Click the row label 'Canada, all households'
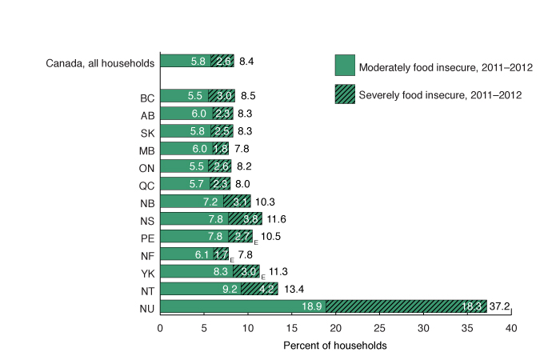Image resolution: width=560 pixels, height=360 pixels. coord(100,61)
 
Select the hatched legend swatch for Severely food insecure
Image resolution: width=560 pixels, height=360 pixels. coord(344,94)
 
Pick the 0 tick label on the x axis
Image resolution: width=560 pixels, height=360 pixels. coord(160,328)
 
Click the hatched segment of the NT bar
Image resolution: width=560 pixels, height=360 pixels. coord(259,288)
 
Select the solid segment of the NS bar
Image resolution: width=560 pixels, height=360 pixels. coord(194,218)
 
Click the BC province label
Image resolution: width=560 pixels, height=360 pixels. coord(146,97)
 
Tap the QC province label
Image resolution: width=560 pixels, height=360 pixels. coord(146,184)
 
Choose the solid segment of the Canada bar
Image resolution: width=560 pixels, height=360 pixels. coord(186,61)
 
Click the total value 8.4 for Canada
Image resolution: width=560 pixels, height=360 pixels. coord(246,61)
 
